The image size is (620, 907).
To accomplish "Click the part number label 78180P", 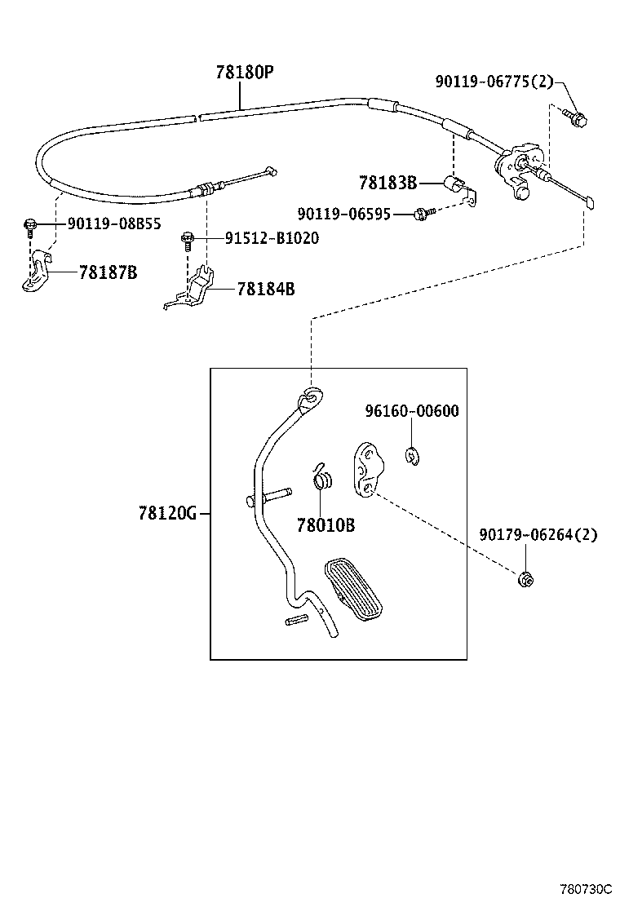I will (x=244, y=73).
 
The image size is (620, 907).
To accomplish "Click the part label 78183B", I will (x=387, y=182).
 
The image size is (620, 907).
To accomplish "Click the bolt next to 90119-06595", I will (x=422, y=214).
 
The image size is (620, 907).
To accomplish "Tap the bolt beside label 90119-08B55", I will (x=30, y=223).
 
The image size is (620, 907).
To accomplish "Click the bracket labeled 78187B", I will (x=35, y=273).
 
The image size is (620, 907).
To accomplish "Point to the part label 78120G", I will (x=167, y=513).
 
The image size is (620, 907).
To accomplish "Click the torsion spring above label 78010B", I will (x=322, y=476).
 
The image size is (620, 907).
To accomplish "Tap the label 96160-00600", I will (x=411, y=411).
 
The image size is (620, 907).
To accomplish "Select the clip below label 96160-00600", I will (x=413, y=456).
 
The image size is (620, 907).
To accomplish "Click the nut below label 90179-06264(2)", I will (x=527, y=579).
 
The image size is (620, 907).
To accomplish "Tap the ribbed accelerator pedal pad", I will (x=354, y=588).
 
